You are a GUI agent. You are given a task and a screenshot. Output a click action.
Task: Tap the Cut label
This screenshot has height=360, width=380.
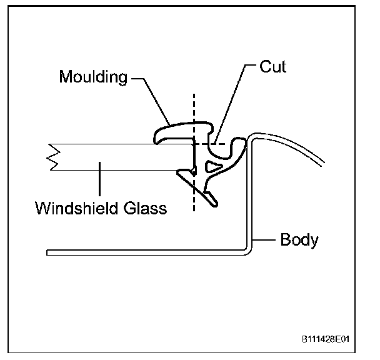coord(272,67)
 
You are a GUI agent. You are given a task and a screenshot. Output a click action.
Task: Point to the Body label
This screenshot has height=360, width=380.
coord(299,239)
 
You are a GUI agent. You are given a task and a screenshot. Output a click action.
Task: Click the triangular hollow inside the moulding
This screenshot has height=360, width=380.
coord(213,166)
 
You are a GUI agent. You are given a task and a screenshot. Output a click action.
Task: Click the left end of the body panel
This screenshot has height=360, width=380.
coord(49,252)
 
